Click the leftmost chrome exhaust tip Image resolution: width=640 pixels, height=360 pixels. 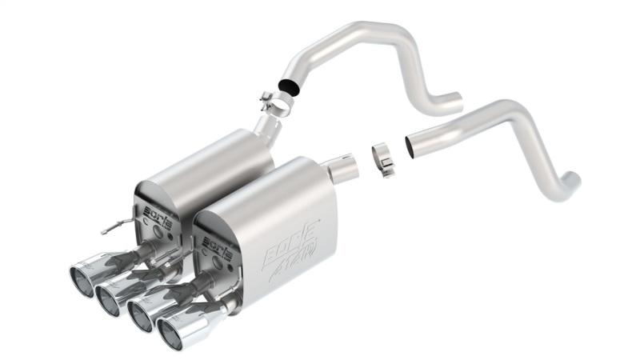[x=84, y=272]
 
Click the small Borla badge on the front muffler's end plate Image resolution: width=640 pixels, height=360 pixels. [x=217, y=243]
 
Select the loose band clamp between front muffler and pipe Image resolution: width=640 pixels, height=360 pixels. [x=385, y=159]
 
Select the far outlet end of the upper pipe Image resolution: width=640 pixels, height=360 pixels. [x=453, y=103]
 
